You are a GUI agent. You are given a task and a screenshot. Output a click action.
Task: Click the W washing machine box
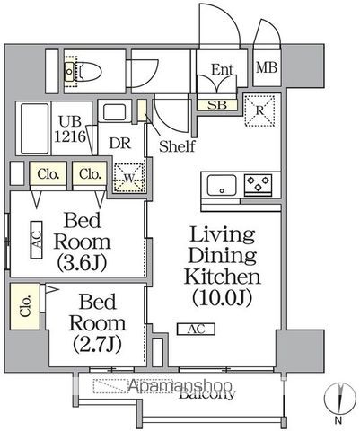click(128, 176)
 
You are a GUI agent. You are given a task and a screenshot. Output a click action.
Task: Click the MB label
click(268, 67)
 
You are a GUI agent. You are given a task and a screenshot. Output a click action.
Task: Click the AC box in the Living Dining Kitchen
click(196, 330)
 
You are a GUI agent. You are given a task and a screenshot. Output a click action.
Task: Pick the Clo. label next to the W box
click(88, 173)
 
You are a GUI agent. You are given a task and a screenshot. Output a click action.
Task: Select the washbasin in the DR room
click(115, 113)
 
